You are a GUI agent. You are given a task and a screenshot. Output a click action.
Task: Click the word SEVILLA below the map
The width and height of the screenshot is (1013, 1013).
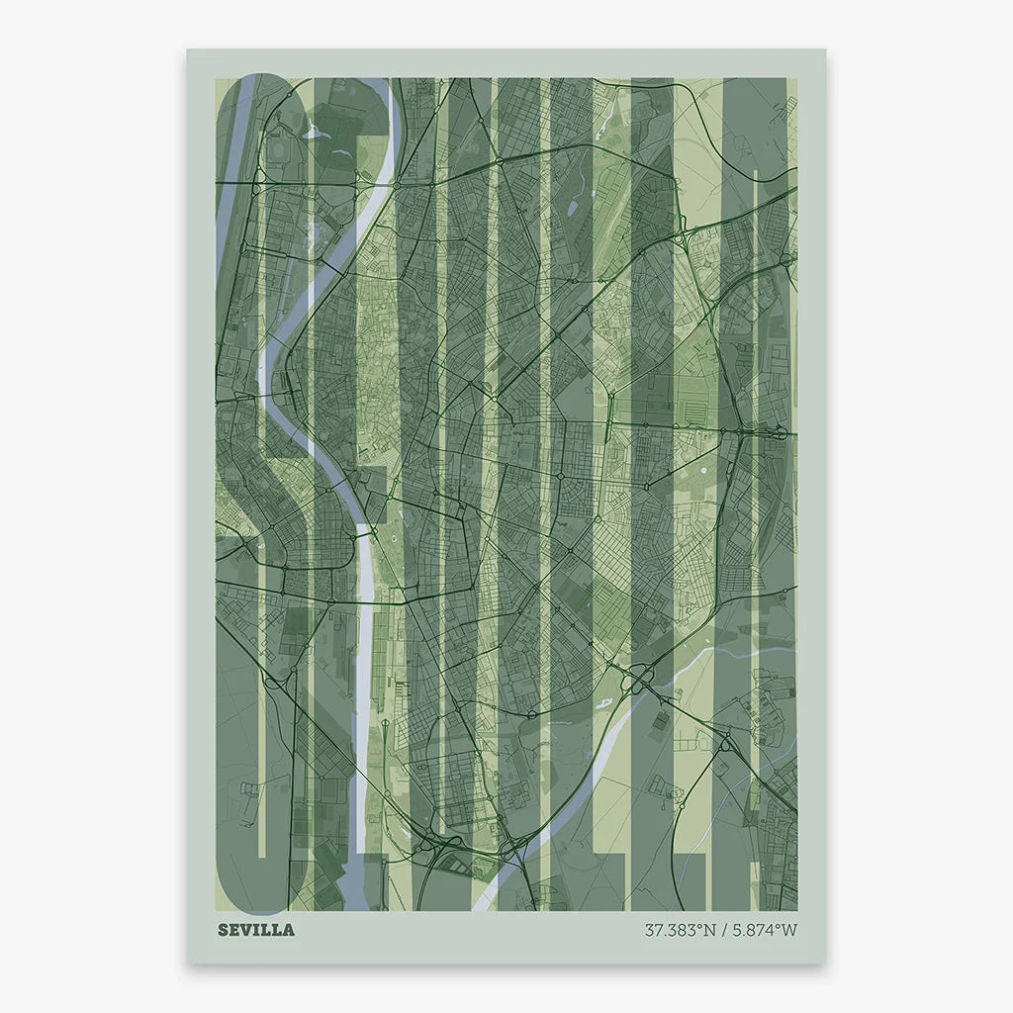coord(255,930)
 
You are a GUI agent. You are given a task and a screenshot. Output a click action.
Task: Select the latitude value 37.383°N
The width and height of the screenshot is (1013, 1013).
coord(679,930)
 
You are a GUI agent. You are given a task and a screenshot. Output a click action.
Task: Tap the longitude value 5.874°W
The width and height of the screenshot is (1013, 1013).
coord(761,930)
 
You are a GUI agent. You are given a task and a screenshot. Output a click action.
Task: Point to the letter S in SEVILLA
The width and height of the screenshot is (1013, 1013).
coord(223,930)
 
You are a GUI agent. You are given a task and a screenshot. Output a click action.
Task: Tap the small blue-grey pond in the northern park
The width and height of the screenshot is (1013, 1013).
coord(573,209)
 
